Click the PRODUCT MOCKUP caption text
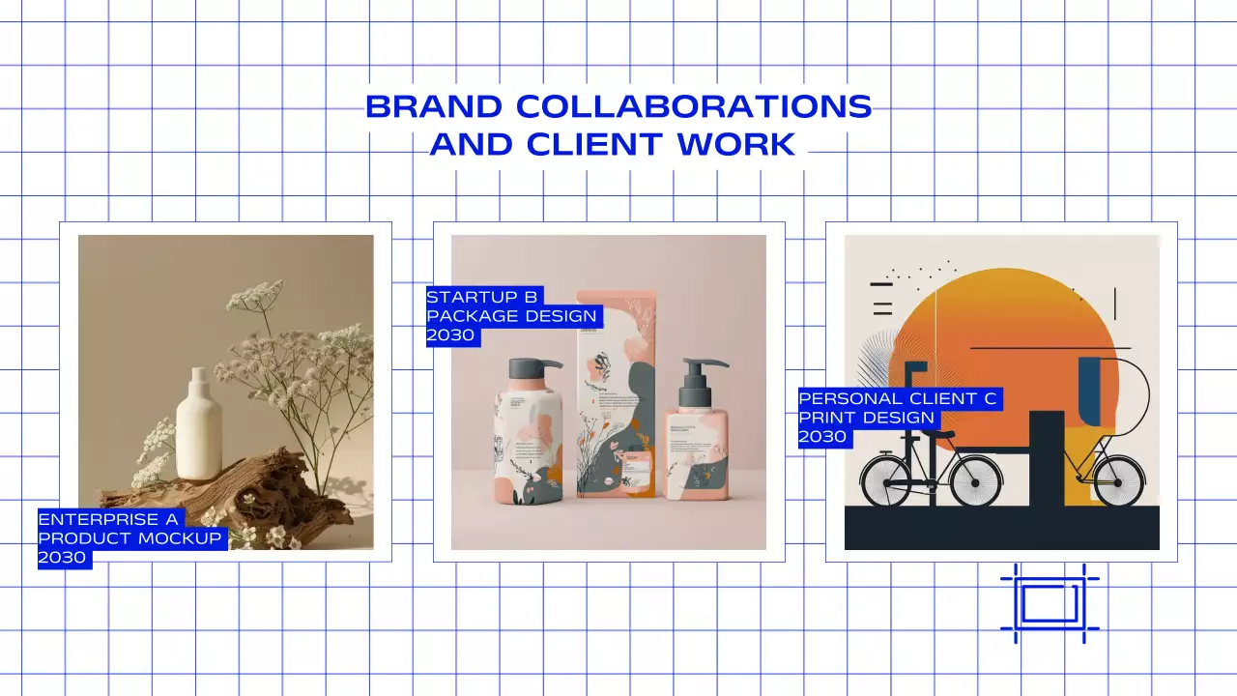(x=130, y=538)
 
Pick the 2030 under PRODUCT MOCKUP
(x=63, y=558)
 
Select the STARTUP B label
(x=482, y=297)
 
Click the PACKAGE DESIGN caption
(x=513, y=316)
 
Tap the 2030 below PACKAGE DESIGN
(x=451, y=335)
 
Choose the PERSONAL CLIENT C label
(x=899, y=398)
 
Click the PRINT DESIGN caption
(x=867, y=418)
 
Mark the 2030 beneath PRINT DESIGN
(x=822, y=437)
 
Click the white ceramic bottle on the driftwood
(x=199, y=427)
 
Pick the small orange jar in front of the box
(x=636, y=473)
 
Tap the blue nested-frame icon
(x=1050, y=603)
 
